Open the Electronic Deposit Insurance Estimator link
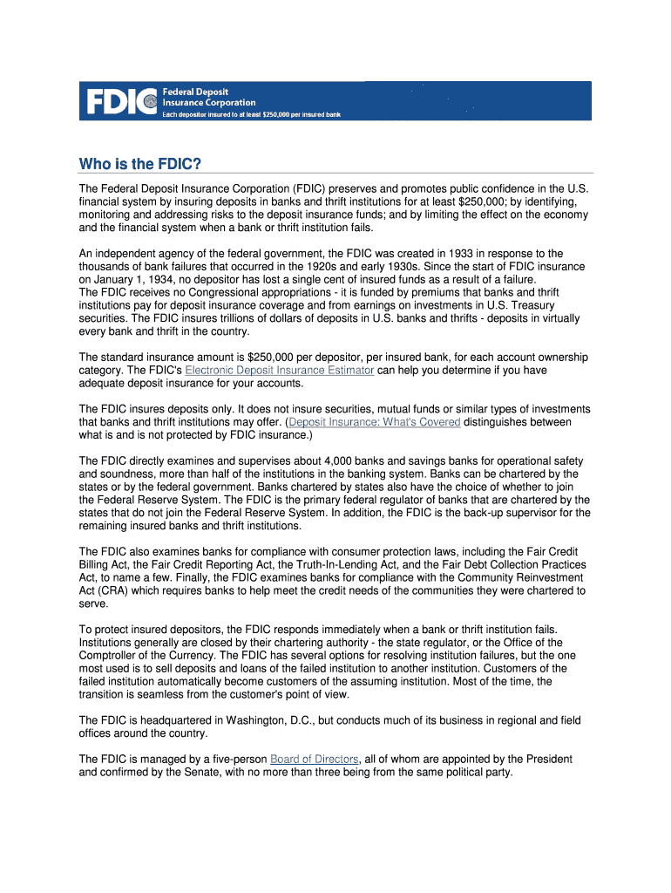[x=280, y=370]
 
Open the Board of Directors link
[x=314, y=759]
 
